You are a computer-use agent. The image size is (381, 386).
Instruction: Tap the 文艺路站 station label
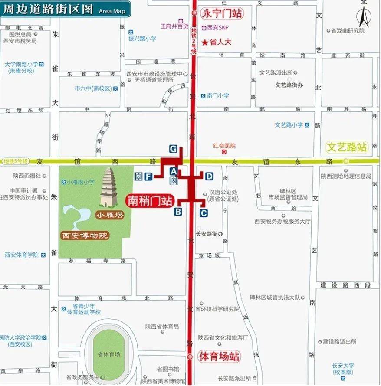347,147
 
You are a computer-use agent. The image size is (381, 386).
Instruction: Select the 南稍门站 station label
149,201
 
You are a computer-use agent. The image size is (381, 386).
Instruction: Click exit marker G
173,149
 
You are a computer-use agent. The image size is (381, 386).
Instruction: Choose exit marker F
148,176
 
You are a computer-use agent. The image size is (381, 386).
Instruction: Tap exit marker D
209,176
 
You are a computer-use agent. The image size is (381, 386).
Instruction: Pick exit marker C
204,213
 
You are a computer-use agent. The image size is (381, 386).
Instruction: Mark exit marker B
177,212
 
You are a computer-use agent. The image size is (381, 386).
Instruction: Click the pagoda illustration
109,187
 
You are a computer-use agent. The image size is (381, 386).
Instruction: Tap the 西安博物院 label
84,236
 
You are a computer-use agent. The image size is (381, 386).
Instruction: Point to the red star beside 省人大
205,42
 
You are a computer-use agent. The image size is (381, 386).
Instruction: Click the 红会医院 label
224,146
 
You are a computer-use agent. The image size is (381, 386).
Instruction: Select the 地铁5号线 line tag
16,161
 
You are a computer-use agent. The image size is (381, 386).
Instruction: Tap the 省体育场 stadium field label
108,354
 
